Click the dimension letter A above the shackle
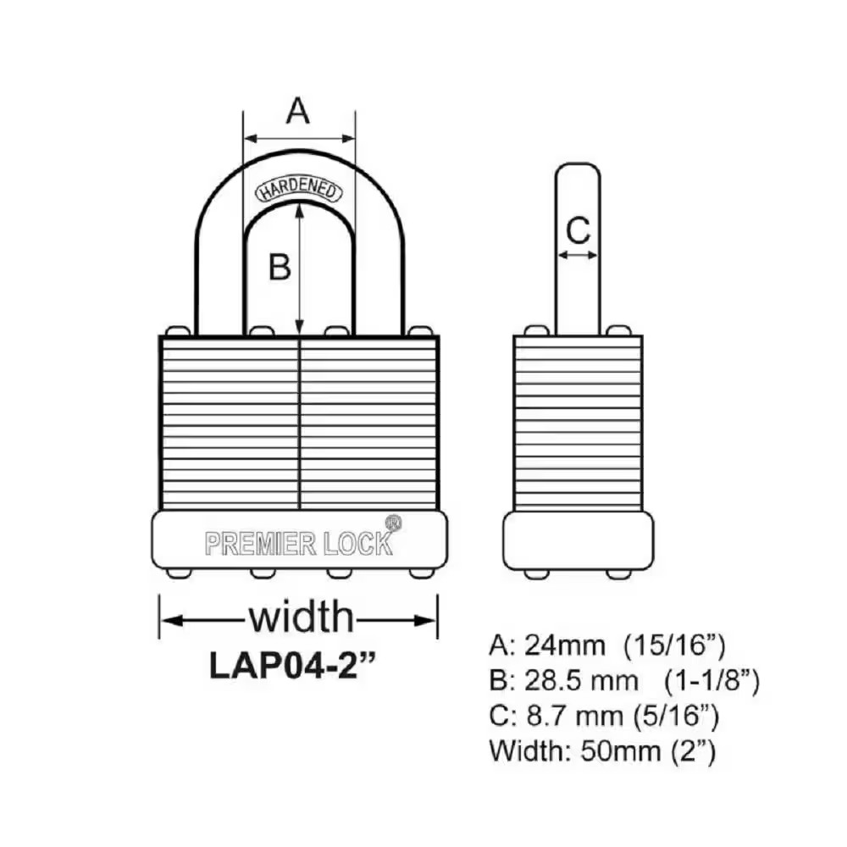(x=297, y=111)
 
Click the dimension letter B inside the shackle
(x=280, y=267)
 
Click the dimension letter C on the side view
(x=578, y=229)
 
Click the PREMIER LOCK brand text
(x=299, y=543)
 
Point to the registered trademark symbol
(x=393, y=523)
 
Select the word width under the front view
(x=300, y=617)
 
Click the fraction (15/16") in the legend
(x=673, y=646)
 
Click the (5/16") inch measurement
(x=677, y=717)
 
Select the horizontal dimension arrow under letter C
(x=578, y=255)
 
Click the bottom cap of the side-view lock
(x=578, y=540)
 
